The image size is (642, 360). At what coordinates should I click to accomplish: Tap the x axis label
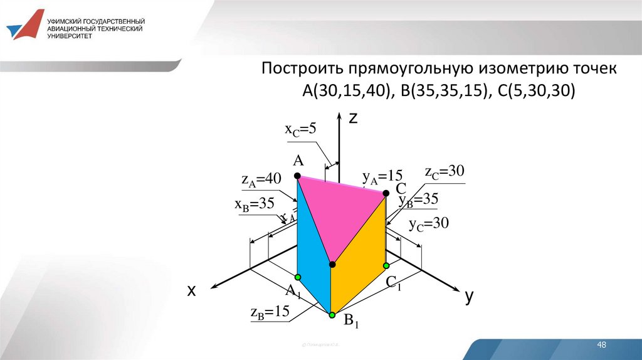(191, 290)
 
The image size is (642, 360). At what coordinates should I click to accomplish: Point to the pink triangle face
(339, 213)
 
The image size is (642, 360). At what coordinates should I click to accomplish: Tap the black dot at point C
(385, 195)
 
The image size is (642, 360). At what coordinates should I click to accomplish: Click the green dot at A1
(298, 277)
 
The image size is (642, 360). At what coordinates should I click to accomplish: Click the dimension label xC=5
(301, 129)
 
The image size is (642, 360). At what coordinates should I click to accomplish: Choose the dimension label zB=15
(269, 311)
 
